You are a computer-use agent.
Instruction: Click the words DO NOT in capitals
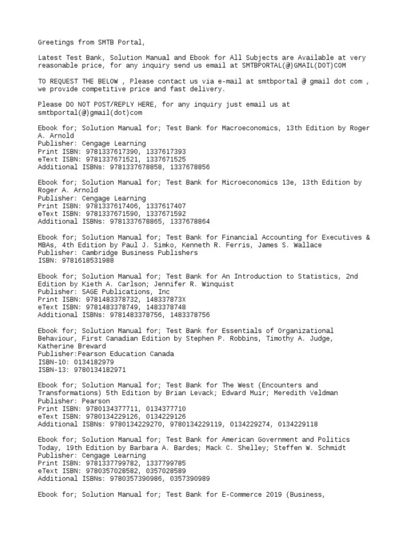coord(81,105)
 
